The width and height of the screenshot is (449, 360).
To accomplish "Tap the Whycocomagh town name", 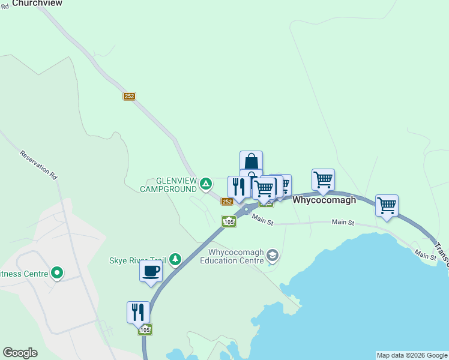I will pos(324,200).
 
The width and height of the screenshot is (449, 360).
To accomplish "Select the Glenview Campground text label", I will pos(167,185).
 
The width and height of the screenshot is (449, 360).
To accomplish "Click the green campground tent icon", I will pos(206,183).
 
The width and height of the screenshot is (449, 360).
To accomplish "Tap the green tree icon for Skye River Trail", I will pos(175,259).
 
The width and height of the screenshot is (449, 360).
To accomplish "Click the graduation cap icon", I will pos(273,256).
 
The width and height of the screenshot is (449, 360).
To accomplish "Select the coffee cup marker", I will pos(151,271).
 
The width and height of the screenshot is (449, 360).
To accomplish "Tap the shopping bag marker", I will pos(251,161).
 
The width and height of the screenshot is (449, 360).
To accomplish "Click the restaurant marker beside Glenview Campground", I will pos(239,187).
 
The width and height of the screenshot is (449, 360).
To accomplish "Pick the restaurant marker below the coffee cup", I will pos(138,313).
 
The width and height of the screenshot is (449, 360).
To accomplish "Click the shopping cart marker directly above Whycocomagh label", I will pos(323,180).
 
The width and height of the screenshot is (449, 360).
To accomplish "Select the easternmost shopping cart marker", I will pos(387,206).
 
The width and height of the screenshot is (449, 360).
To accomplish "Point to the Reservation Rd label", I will pos(38,165).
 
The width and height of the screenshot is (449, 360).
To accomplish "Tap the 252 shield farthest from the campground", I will pos(130,96).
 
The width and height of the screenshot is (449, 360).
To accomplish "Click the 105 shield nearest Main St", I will pos(229,221).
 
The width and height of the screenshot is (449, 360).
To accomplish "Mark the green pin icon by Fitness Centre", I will pos(57,274).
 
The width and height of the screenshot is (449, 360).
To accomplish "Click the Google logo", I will pos(20,353).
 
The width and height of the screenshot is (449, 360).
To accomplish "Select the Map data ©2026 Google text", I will pos(412,355).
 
